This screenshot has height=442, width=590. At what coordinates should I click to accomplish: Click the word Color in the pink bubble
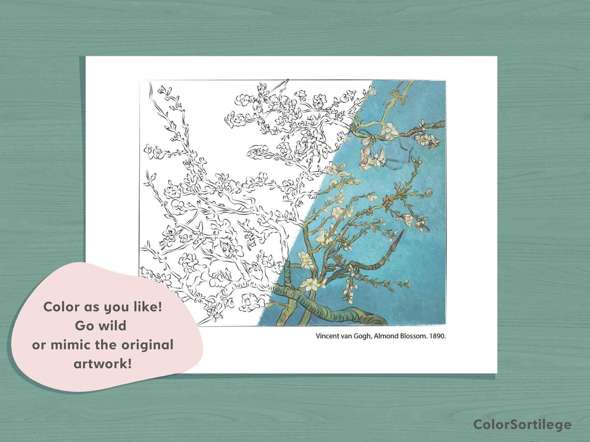(x=61, y=307)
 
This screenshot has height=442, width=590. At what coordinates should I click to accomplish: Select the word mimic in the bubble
(x=70, y=345)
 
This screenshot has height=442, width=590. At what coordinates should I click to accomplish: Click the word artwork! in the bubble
(x=102, y=363)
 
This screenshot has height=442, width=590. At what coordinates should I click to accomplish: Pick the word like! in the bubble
(x=147, y=307)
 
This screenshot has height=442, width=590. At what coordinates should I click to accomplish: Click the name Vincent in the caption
(x=328, y=336)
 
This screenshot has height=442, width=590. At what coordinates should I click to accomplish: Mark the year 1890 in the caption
(x=436, y=336)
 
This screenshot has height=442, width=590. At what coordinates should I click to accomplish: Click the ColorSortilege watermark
(x=522, y=424)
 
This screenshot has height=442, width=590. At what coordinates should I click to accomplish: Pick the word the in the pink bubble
(x=110, y=345)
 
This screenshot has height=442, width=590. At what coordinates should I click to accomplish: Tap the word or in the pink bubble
(x=40, y=345)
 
